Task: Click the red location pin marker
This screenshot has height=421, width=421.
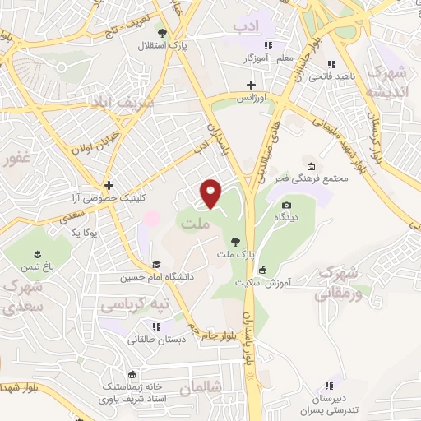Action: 212,193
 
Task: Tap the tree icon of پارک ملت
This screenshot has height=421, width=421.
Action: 236,241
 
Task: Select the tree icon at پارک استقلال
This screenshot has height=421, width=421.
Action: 163,34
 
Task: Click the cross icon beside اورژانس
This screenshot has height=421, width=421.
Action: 252,85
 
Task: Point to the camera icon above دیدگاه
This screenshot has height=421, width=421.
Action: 286,205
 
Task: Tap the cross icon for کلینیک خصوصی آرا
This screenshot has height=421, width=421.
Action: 109,185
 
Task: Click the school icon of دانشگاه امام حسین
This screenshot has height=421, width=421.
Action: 156,264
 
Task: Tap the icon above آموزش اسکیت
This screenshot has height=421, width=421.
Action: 262,270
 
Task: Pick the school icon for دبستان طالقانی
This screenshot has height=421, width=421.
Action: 155,326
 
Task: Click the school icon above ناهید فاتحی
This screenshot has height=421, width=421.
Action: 331,64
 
